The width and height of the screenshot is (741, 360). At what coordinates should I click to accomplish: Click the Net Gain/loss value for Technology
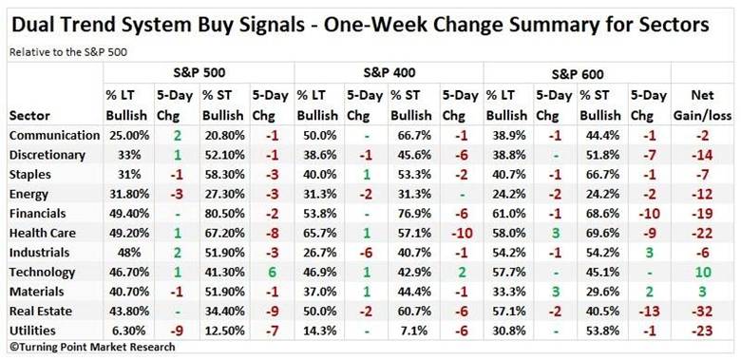tap(702, 272)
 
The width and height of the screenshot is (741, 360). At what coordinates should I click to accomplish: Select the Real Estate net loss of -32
tap(702, 312)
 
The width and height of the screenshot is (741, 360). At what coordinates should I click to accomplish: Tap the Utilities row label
tap(32, 331)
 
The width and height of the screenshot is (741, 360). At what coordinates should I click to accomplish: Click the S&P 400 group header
tap(389, 73)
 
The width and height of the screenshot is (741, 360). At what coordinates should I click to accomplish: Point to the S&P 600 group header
tap(578, 74)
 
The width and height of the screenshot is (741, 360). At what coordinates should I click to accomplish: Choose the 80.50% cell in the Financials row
tap(224, 213)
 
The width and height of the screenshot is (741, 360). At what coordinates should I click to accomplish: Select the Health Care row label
tap(43, 233)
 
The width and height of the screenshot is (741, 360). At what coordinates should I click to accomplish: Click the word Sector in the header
tap(29, 115)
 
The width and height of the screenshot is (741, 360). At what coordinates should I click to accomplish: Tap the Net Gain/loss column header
tap(702, 105)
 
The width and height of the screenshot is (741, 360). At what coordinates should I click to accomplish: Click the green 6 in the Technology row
tap(271, 272)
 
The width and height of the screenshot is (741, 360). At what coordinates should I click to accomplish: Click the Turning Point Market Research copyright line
tap(93, 348)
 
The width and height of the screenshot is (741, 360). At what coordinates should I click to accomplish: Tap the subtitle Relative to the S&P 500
tap(68, 52)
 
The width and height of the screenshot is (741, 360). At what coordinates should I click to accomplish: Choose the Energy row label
tap(28, 194)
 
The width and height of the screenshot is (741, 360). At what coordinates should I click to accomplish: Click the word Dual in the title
tap(34, 25)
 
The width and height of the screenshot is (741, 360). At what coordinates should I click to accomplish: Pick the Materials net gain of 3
tap(702, 292)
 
